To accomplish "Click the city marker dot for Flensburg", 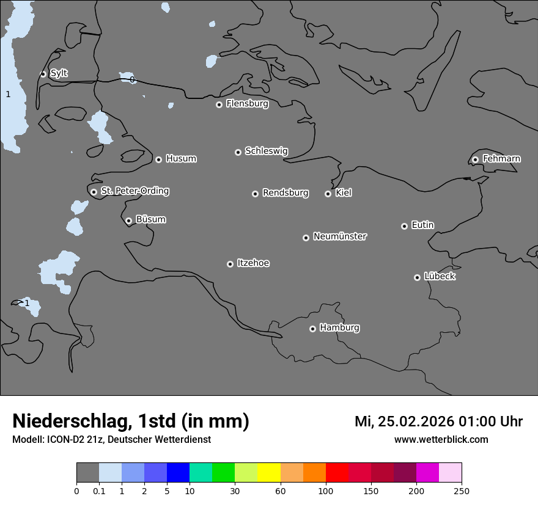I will [x=219, y=104].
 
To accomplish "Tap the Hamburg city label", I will [x=339, y=327].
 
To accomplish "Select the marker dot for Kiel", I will [x=328, y=194].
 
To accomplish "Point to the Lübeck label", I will [x=440, y=276].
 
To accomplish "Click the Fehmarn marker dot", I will [x=475, y=159].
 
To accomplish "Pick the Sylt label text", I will [x=59, y=73].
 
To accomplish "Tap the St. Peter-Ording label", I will [x=134, y=191].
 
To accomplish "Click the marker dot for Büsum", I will [x=128, y=221].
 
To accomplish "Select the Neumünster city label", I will [x=340, y=236].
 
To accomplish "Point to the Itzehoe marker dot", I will [x=230, y=264].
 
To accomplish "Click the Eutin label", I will [x=422, y=225].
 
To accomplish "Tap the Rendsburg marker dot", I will [x=255, y=194].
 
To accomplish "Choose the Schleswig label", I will [x=266, y=151].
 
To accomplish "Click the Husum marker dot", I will [x=158, y=159].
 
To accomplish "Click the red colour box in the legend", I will [x=337, y=473].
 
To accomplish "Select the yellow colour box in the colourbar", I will [x=269, y=473].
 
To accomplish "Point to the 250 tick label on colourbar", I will [x=462, y=491].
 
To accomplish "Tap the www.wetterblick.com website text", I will [x=441, y=439].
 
